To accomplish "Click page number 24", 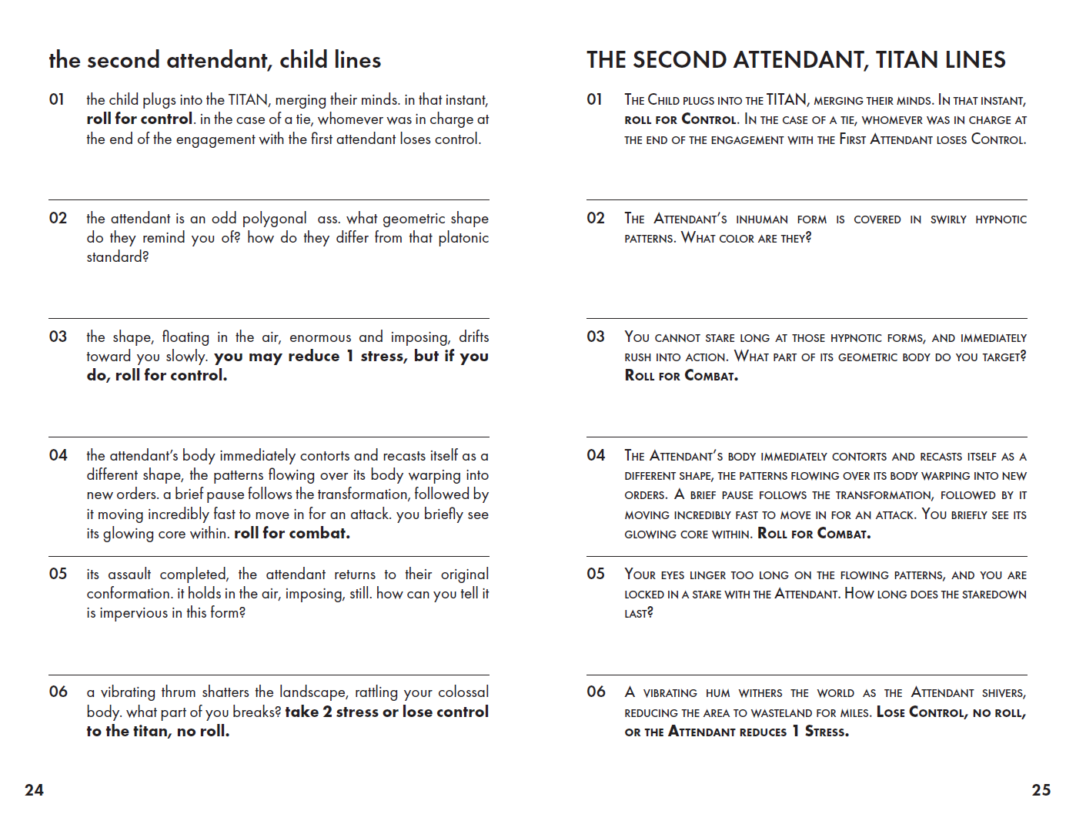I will (34, 789).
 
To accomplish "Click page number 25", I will (1041, 789).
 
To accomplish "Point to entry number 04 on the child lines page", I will (58, 455).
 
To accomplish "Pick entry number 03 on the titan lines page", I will (596, 337).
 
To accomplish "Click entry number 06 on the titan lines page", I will (596, 692).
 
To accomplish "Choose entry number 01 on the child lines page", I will (57, 99).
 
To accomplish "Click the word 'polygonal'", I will (274, 219).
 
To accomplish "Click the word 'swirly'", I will (948, 219).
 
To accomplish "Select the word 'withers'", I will (760, 693).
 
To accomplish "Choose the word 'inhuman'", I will (762, 219).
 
